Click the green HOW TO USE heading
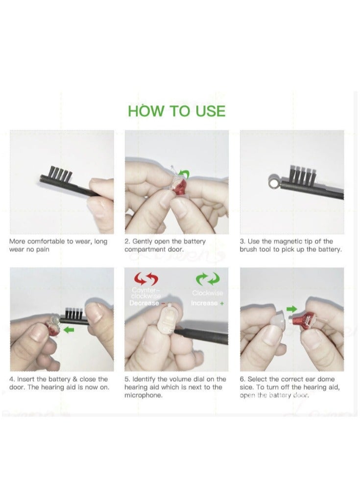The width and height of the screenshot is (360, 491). click(177, 111)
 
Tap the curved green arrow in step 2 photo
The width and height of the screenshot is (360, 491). click(185, 173)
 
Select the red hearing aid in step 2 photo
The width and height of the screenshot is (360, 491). click(180, 188)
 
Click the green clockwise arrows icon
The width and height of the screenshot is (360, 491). click(208, 280)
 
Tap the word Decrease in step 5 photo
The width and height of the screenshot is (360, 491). click(144, 303)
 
